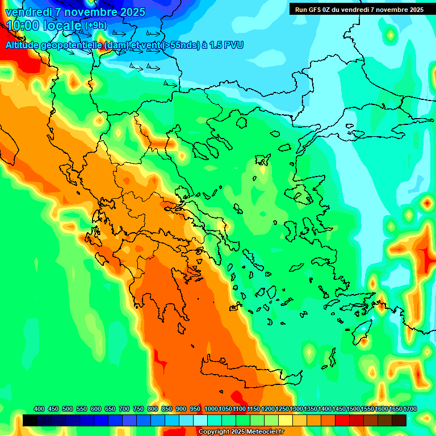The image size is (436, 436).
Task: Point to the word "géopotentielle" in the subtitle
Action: [x=63, y=45]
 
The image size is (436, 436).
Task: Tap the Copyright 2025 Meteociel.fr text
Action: [x=241, y=431]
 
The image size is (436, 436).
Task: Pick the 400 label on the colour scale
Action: [x=39, y=409]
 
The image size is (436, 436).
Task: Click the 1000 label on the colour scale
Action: [x=211, y=409]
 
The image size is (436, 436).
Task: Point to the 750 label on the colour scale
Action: [x=139, y=409]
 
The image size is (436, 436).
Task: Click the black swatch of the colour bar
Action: [x=30, y=420]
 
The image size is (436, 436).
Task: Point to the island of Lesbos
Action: [x=304, y=194]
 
